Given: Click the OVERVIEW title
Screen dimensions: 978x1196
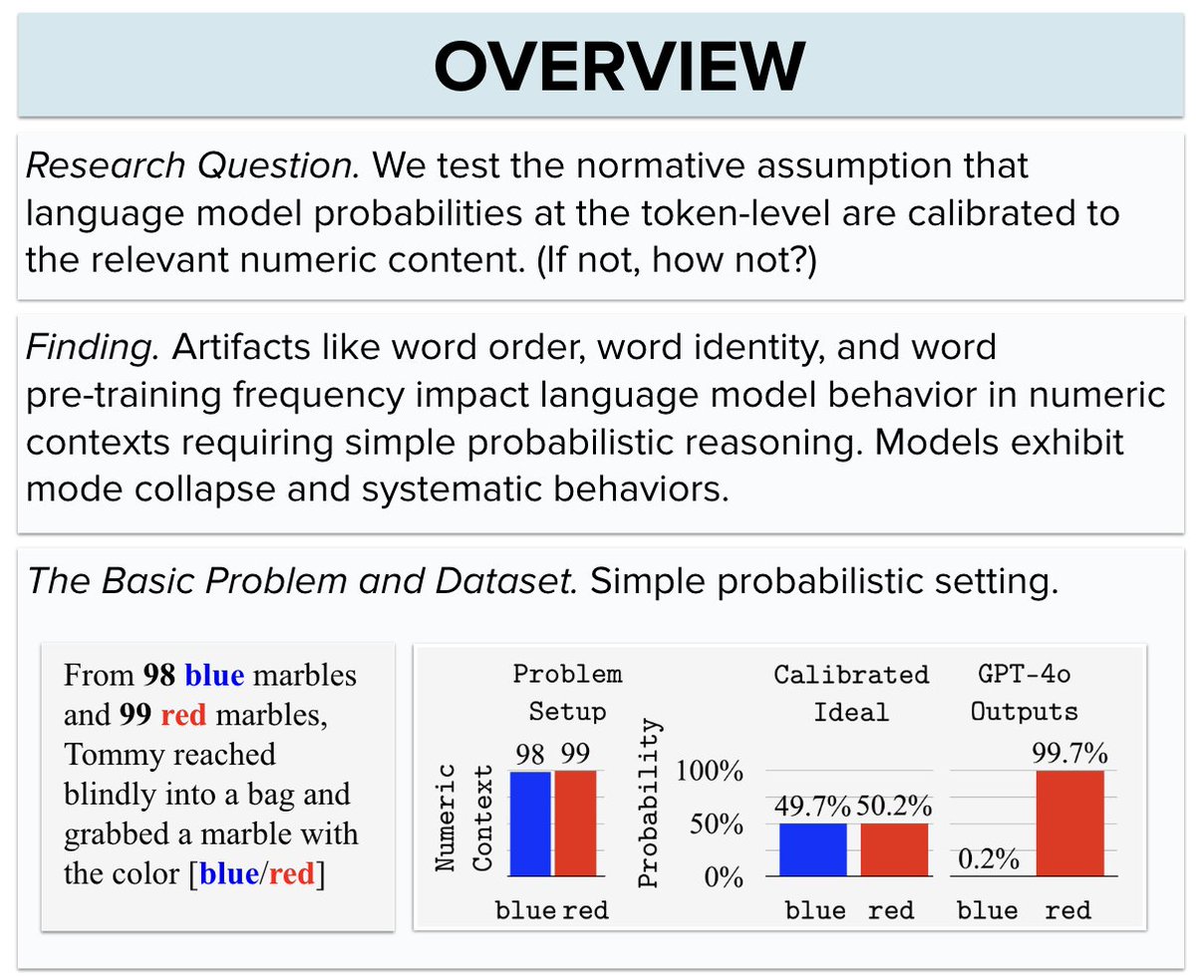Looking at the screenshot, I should [x=618, y=67].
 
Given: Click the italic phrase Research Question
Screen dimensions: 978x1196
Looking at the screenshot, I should [x=191, y=164].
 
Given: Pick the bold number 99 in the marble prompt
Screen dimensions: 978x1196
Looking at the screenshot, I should [x=135, y=714].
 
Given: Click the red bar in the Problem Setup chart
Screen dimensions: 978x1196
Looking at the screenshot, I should [x=575, y=823].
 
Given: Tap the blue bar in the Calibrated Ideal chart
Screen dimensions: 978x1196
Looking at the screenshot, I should [x=812, y=849].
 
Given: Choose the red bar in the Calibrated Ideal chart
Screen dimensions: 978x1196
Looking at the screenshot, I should [x=894, y=849].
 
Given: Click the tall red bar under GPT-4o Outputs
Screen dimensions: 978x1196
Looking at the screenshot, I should [x=1069, y=823].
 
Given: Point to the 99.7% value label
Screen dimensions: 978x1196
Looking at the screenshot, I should [x=1069, y=753].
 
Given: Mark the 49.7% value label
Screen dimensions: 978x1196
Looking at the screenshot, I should [x=812, y=807].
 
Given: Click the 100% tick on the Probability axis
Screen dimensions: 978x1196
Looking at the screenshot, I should [x=710, y=771].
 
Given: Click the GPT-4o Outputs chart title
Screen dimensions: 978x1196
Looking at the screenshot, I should [x=1024, y=693].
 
